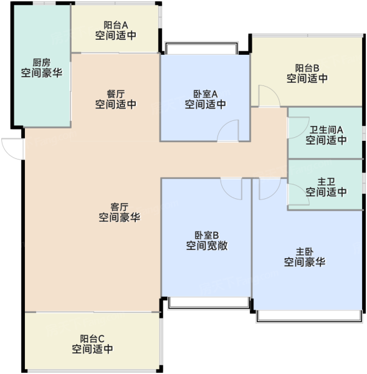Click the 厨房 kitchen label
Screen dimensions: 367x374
click(x=42, y=63)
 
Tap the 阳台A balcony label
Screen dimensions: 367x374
click(x=116, y=25)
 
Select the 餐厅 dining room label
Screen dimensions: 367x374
click(x=116, y=94)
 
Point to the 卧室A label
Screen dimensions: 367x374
click(x=206, y=94)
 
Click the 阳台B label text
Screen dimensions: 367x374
click(x=307, y=68)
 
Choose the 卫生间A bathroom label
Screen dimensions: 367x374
click(x=326, y=130)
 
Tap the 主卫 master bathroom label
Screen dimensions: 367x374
click(x=326, y=182)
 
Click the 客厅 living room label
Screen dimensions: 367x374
click(x=120, y=207)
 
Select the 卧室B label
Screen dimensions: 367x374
click(x=207, y=236)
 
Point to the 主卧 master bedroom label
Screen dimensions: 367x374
click(x=305, y=252)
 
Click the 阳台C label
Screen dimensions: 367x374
click(x=92, y=338)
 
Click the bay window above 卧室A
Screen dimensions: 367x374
click(x=202, y=48)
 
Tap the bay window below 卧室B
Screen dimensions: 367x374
click(x=209, y=303)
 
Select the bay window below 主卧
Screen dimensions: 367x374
click(x=309, y=317)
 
